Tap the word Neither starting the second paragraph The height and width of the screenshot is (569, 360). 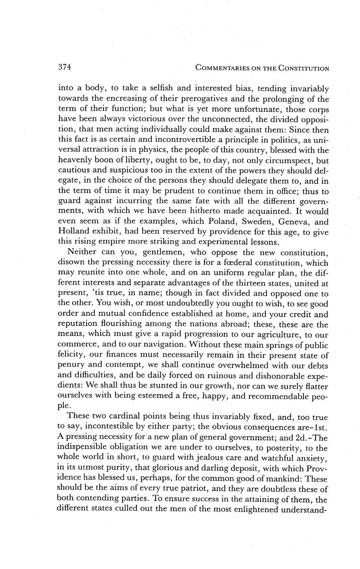[81, 252]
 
